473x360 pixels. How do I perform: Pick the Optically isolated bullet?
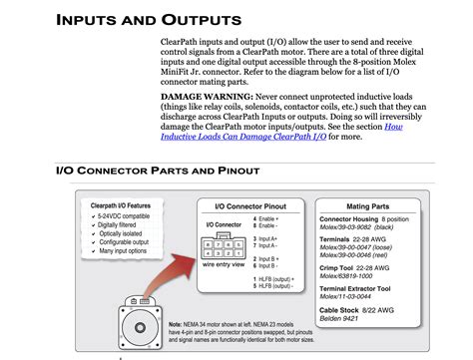coord(119,233)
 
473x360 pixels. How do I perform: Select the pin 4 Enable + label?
coord(266,216)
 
